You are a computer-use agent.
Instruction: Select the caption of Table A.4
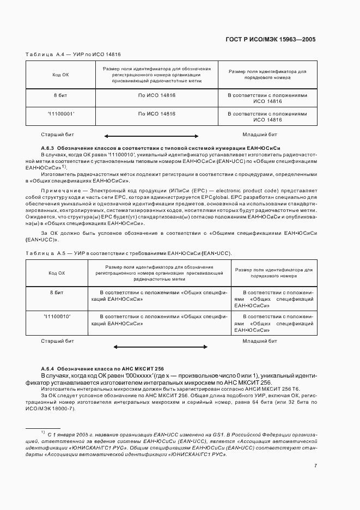click(73, 54)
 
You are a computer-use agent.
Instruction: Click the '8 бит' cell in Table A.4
click(60, 95)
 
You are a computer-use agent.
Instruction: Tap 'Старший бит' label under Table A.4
click(57, 133)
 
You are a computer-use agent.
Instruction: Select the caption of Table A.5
click(129, 253)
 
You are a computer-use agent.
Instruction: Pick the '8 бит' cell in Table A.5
click(57, 293)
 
